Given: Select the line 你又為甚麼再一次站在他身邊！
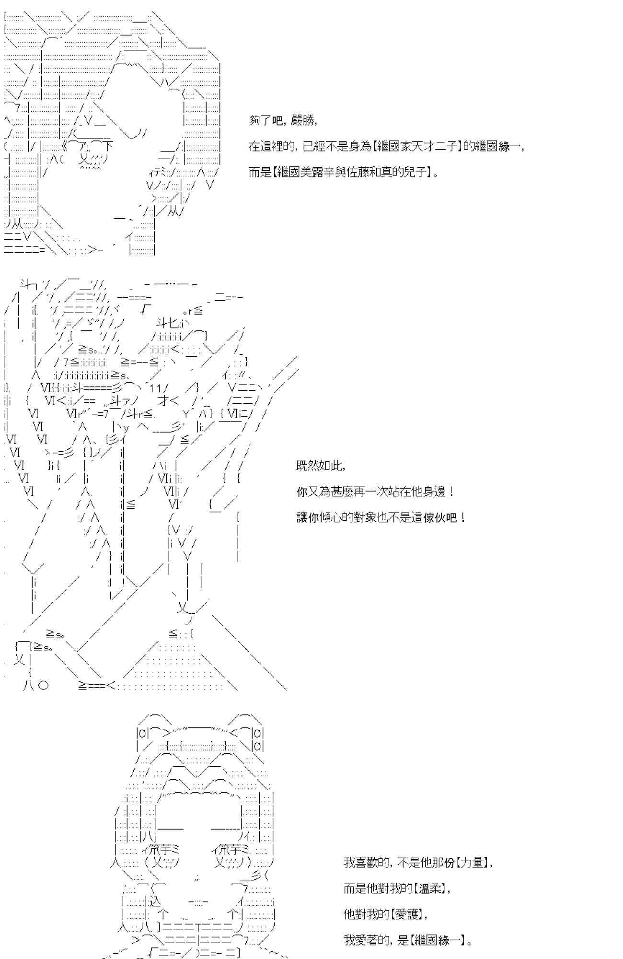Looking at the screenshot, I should point(375,491).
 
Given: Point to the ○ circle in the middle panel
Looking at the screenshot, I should point(43,686).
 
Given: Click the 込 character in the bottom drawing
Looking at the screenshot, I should point(154,901).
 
